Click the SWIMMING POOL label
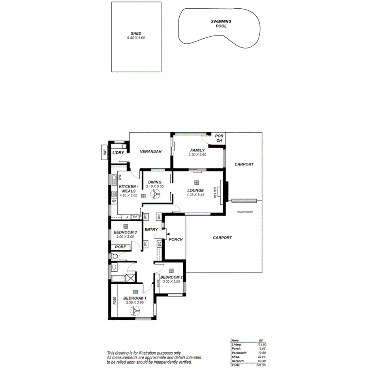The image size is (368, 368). pos(221,24)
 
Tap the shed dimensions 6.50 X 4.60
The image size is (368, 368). pos(136,38)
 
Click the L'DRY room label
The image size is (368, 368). pos(118,152)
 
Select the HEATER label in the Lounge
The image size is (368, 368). pos(215,193)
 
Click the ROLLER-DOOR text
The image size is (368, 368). pos(244,212)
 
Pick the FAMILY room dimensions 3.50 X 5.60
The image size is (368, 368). pos(197,154)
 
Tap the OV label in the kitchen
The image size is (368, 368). pos(114,201)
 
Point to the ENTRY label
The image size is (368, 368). pos(151,229)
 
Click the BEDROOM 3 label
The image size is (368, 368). pos(125,232)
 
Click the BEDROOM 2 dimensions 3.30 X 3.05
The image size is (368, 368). pos(171,282)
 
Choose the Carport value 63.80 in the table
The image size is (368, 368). pos(260,360)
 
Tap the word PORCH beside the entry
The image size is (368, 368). pos(176,239)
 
